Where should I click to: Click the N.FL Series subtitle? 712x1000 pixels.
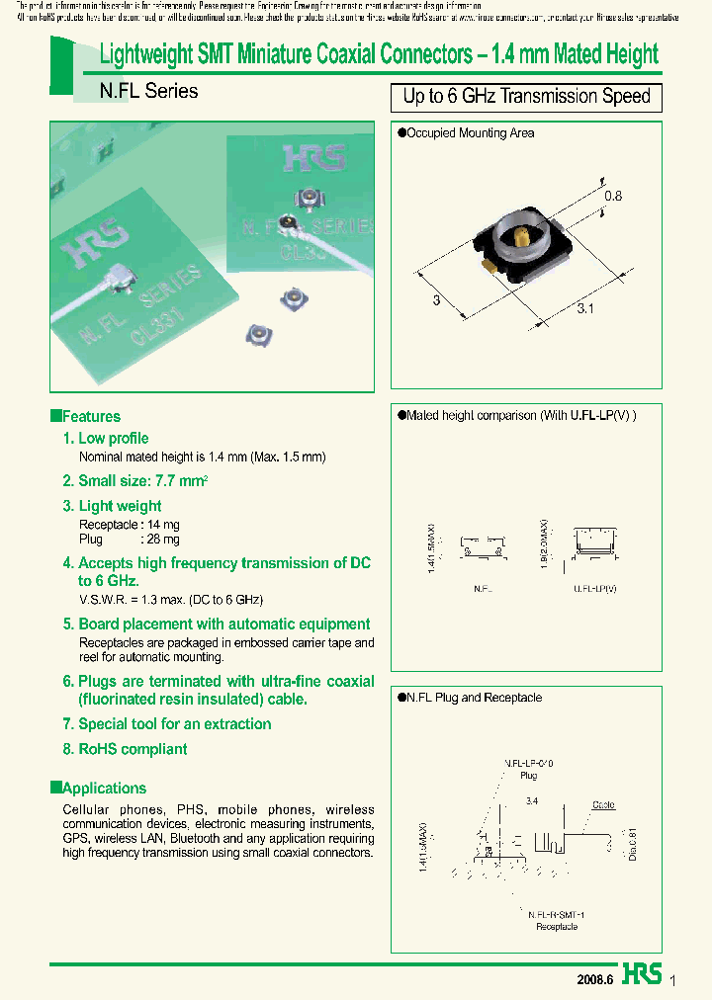[148, 92]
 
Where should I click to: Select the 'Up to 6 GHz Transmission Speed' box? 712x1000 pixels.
[526, 97]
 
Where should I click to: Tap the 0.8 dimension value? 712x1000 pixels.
[613, 196]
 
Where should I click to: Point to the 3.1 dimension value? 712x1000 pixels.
[584, 309]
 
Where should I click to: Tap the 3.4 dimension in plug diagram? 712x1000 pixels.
[533, 800]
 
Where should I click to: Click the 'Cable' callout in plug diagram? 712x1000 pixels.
[602, 805]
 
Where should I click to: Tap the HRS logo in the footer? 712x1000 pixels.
[643, 974]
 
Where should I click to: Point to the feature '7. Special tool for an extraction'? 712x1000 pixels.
[166, 723]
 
